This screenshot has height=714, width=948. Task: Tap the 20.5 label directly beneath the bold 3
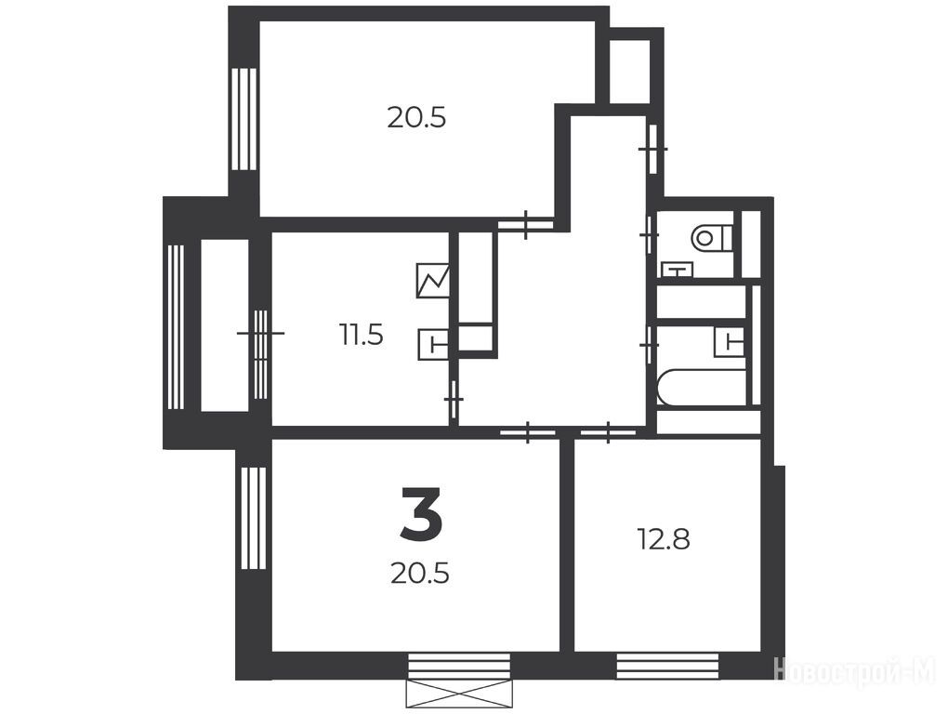pos(419,574)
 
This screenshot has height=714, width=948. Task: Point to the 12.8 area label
pos(664,538)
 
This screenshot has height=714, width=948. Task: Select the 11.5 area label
pos(361,335)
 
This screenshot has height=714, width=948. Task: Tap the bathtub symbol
pos(702,388)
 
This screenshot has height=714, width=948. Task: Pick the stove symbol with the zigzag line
pos(433,281)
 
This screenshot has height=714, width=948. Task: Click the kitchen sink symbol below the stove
pos(433,345)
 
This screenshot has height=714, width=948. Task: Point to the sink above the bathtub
pos(730,342)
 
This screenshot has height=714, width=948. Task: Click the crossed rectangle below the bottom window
pos(459,693)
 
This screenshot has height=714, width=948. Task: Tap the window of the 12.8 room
pos(667,666)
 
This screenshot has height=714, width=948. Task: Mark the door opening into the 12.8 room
pos(608,431)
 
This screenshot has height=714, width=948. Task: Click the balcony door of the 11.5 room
pos(260,354)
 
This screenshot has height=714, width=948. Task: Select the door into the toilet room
pos(650,234)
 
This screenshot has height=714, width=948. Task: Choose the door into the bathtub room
pos(650,345)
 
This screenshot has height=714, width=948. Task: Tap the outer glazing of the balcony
pos(176,327)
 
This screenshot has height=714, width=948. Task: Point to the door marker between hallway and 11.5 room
pos(454,400)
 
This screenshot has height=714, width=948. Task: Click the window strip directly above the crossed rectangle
pos(459,666)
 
